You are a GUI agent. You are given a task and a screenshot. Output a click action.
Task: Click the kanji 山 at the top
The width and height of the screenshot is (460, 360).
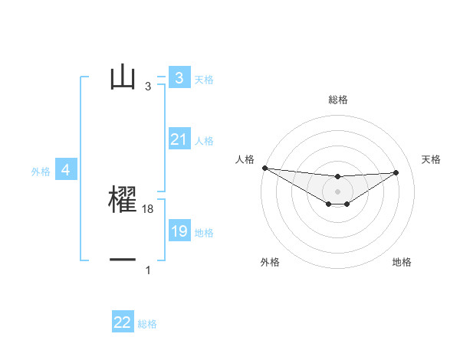[x=123, y=77]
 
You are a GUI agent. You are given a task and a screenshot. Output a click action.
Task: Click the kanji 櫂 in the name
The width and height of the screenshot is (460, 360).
[x=123, y=200]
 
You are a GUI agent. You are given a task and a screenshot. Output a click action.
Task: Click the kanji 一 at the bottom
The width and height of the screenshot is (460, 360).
[x=123, y=260]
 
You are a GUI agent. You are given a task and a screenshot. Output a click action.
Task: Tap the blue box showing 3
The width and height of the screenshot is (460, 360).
[x=179, y=78]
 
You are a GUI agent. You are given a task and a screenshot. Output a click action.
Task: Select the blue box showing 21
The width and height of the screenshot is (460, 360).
[x=179, y=139]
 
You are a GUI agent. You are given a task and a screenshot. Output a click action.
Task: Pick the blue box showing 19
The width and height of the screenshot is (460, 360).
[x=179, y=231]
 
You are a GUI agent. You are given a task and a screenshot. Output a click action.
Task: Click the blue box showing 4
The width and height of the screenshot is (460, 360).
[x=65, y=171]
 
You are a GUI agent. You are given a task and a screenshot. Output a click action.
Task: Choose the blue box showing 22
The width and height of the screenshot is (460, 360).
[x=123, y=322]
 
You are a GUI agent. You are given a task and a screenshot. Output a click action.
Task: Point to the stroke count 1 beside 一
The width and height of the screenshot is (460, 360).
[x=148, y=270]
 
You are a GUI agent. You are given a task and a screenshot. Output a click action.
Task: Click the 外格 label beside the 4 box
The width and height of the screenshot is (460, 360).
[x=41, y=172]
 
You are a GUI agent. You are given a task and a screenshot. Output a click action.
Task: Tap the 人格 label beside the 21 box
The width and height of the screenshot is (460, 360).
[x=204, y=141]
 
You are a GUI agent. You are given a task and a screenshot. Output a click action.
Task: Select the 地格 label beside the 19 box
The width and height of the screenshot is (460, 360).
[x=204, y=233]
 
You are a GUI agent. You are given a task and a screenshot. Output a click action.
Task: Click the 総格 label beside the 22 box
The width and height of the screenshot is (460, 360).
[x=147, y=324]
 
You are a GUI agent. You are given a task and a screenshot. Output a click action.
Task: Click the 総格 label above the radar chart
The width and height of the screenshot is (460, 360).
[x=337, y=100]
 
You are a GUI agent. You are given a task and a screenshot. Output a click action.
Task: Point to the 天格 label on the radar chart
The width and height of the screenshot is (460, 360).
[x=432, y=159]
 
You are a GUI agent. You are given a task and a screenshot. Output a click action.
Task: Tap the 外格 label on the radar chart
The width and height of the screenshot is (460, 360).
[x=270, y=262]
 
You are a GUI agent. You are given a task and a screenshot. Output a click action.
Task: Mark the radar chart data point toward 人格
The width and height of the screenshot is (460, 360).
[x=264, y=168]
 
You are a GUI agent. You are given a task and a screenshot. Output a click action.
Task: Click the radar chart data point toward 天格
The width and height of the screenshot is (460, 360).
[x=396, y=172]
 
